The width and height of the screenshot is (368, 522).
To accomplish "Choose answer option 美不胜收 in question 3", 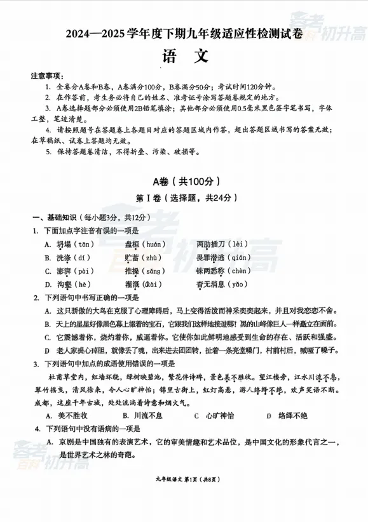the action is [73, 416].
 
